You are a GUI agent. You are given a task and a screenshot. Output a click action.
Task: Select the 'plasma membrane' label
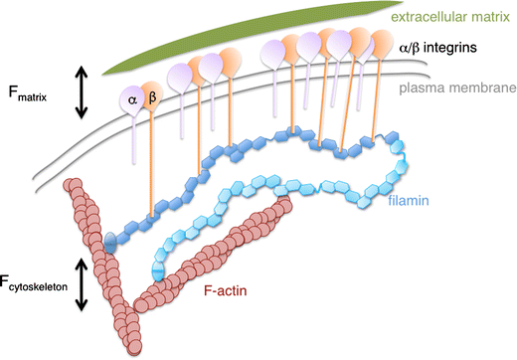(456, 89)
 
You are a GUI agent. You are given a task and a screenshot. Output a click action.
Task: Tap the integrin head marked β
(152, 98)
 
